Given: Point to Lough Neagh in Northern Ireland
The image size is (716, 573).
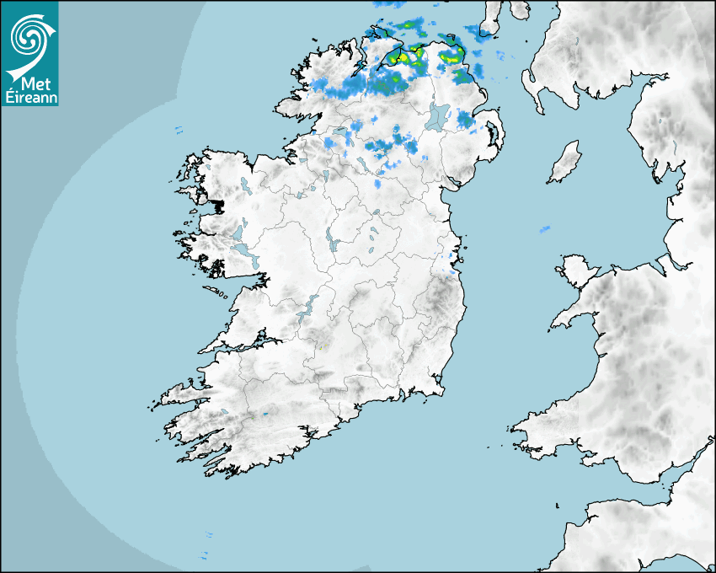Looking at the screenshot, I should [438, 115].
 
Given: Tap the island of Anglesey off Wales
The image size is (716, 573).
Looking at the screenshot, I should [579, 270].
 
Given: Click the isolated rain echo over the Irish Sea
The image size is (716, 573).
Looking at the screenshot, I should [545, 228].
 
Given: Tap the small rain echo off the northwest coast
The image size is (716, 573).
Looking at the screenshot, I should [179, 130].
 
